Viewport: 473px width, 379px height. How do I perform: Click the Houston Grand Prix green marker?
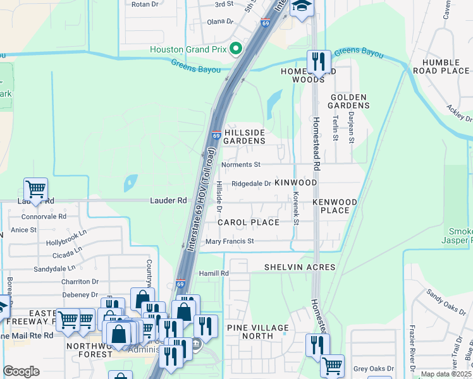(236, 49)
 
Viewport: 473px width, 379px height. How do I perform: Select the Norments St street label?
(241, 165)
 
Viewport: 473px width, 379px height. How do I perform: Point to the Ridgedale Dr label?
(251, 184)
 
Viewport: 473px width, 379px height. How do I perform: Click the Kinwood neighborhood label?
(295, 182)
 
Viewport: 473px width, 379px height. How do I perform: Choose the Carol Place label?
(249, 222)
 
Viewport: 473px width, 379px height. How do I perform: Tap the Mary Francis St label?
(230, 241)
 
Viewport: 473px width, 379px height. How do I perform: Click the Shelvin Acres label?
(300, 267)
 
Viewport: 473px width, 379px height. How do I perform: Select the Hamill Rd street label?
(213, 273)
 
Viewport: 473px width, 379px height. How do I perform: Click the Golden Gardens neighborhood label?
(348, 102)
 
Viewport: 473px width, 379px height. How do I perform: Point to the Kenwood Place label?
(335, 206)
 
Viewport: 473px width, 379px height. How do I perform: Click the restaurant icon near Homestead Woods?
(318, 61)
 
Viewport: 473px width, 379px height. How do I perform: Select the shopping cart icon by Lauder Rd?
(36, 188)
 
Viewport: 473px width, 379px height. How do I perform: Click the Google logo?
(21, 371)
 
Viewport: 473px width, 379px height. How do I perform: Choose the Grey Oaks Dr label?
(373, 368)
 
